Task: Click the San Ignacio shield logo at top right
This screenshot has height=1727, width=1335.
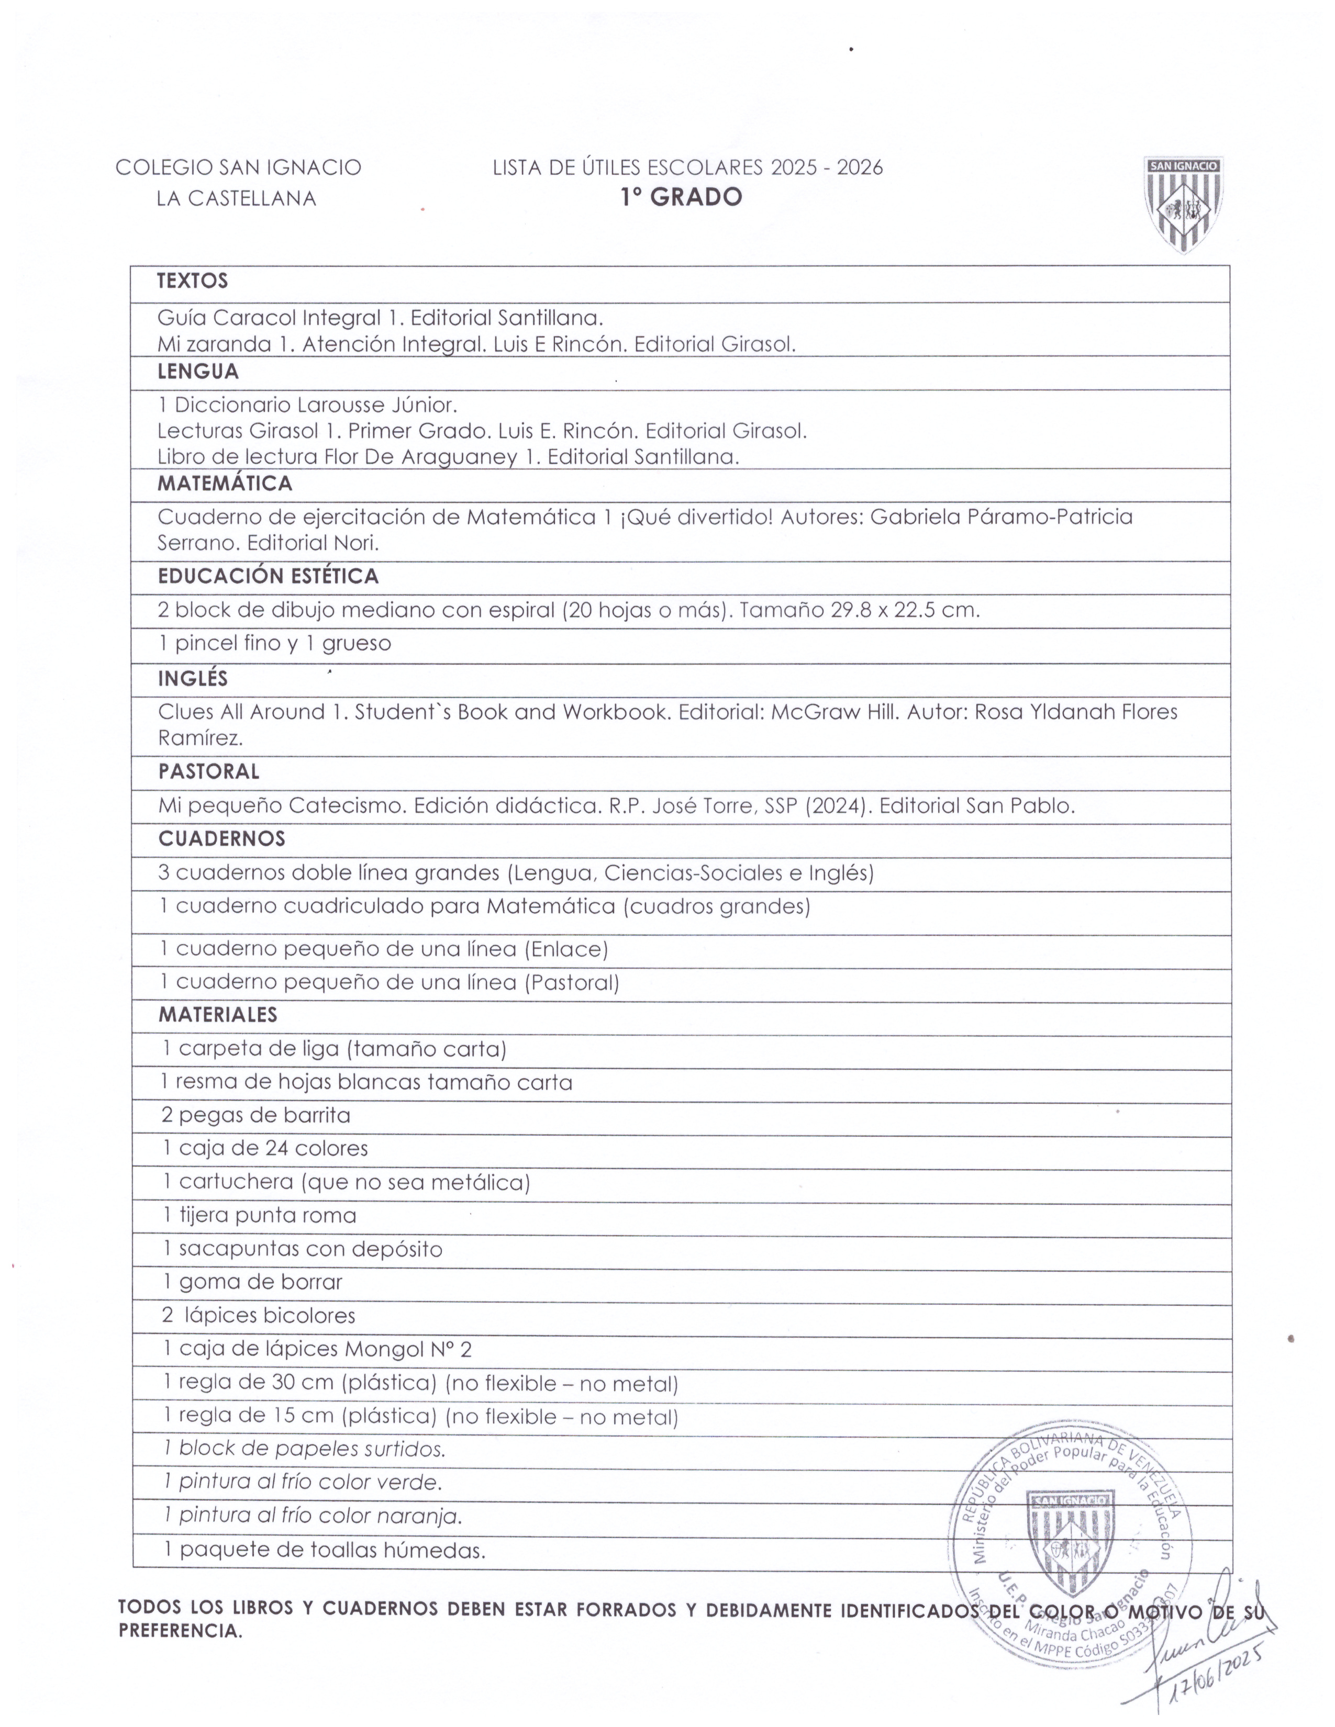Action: pos(1183,204)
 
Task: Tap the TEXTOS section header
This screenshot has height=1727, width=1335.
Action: pos(192,281)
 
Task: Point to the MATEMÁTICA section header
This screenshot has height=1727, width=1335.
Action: pos(225,483)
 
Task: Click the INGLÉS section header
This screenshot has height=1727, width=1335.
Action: pos(192,678)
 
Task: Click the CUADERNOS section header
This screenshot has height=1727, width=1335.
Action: pos(221,839)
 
